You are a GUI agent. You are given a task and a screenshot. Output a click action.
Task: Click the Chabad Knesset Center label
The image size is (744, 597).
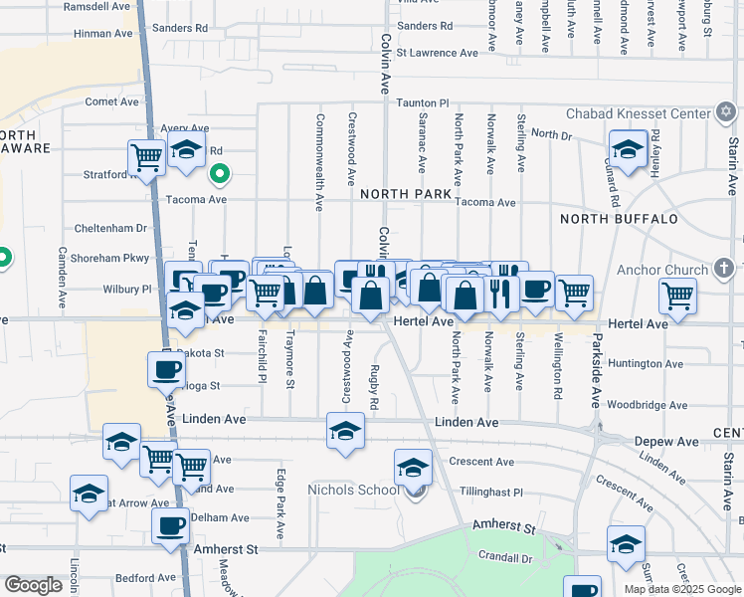(638, 114)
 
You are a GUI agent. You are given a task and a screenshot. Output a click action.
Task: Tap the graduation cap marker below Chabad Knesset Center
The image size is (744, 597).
(627, 151)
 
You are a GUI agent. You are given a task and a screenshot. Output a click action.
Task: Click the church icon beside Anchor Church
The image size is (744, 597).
(723, 269)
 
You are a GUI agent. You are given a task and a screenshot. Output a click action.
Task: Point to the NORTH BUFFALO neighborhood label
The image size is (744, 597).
(619, 219)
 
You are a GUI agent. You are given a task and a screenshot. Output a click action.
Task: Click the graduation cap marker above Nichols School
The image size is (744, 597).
(413, 467)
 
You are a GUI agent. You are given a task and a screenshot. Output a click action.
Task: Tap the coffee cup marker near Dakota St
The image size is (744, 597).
(166, 370)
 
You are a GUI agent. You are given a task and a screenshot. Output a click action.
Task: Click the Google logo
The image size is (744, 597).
(33, 585)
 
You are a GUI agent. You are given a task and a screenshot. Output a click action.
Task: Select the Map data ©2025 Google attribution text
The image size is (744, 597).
(682, 589)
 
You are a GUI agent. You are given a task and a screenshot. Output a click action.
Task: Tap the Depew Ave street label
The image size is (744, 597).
(673, 441)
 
